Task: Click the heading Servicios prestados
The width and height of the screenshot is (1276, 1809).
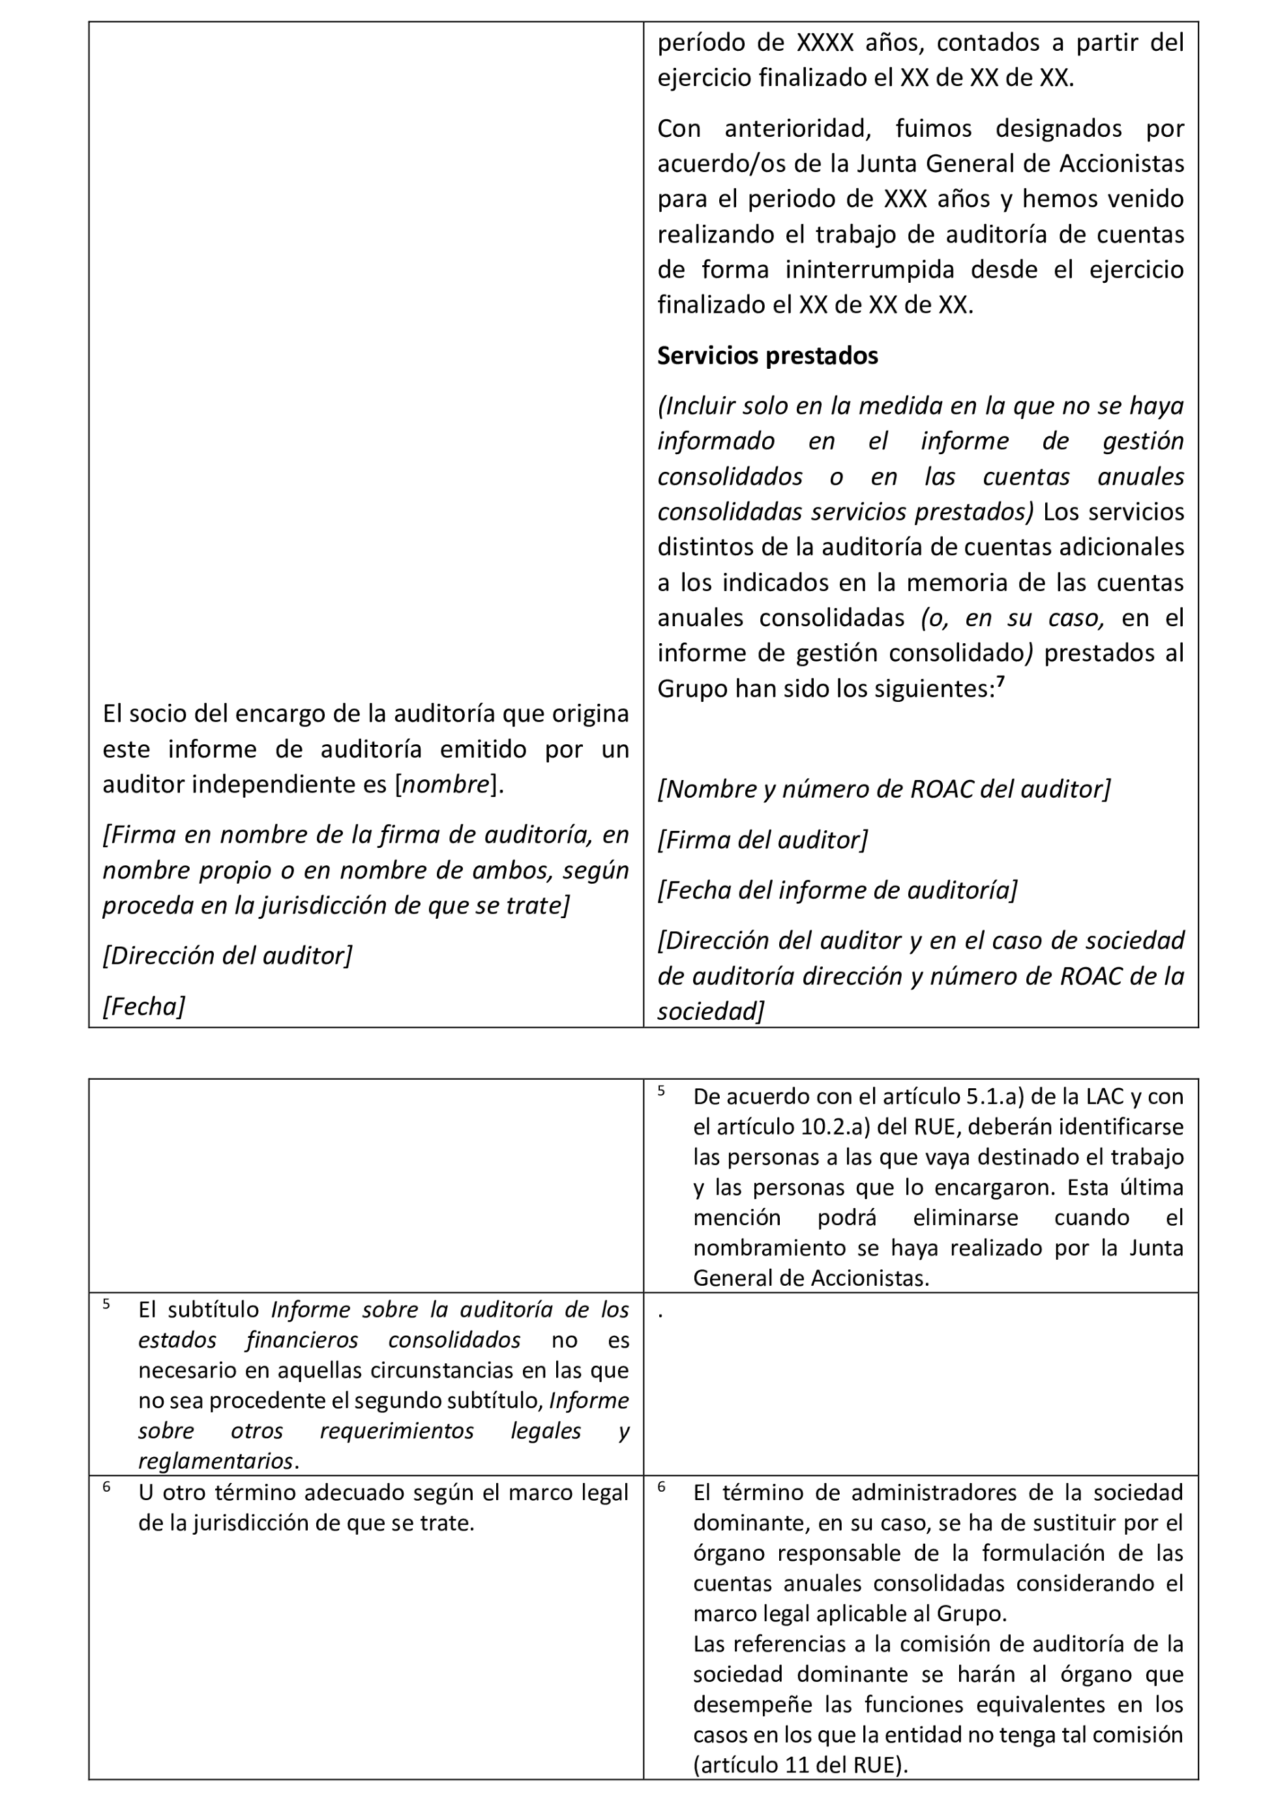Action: point(767,356)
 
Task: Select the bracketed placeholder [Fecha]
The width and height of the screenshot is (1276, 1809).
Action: point(143,1006)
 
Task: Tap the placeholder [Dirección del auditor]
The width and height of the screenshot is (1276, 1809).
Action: point(227,956)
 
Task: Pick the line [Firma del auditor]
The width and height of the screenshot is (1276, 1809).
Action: point(762,840)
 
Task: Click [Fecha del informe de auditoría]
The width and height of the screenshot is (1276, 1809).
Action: point(837,890)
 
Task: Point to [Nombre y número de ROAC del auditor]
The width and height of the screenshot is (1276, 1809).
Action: point(883,789)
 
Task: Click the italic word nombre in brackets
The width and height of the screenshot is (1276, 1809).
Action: point(446,785)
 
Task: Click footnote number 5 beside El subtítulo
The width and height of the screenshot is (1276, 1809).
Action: point(106,1304)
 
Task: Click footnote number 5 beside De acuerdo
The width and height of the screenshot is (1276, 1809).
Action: point(661,1090)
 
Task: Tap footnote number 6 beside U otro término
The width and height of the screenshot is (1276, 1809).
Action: point(106,1486)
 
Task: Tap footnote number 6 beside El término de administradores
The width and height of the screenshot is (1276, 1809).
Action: point(661,1486)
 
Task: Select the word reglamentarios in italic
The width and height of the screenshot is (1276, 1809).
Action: point(215,1462)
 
